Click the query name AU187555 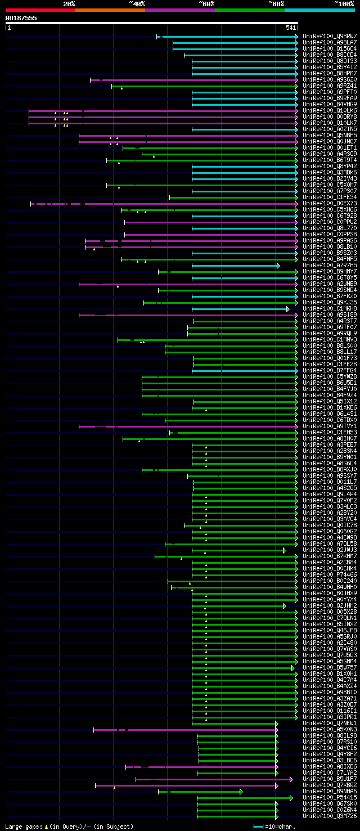point(21,18)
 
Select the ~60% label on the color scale point(206,4)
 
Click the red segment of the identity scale point(40,10)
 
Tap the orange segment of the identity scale point(110,10)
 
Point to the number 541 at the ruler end point(291,28)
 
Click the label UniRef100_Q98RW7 point(330,37)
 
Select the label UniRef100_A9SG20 point(330,80)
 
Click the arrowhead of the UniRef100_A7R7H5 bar point(278,266)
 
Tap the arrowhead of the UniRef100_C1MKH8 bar point(287,309)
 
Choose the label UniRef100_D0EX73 point(330,204)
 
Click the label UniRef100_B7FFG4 point(330,371)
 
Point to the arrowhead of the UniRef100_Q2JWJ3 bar point(284,550)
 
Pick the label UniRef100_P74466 point(330,575)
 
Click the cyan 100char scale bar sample point(259,826)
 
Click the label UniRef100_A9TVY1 point(330,426)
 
